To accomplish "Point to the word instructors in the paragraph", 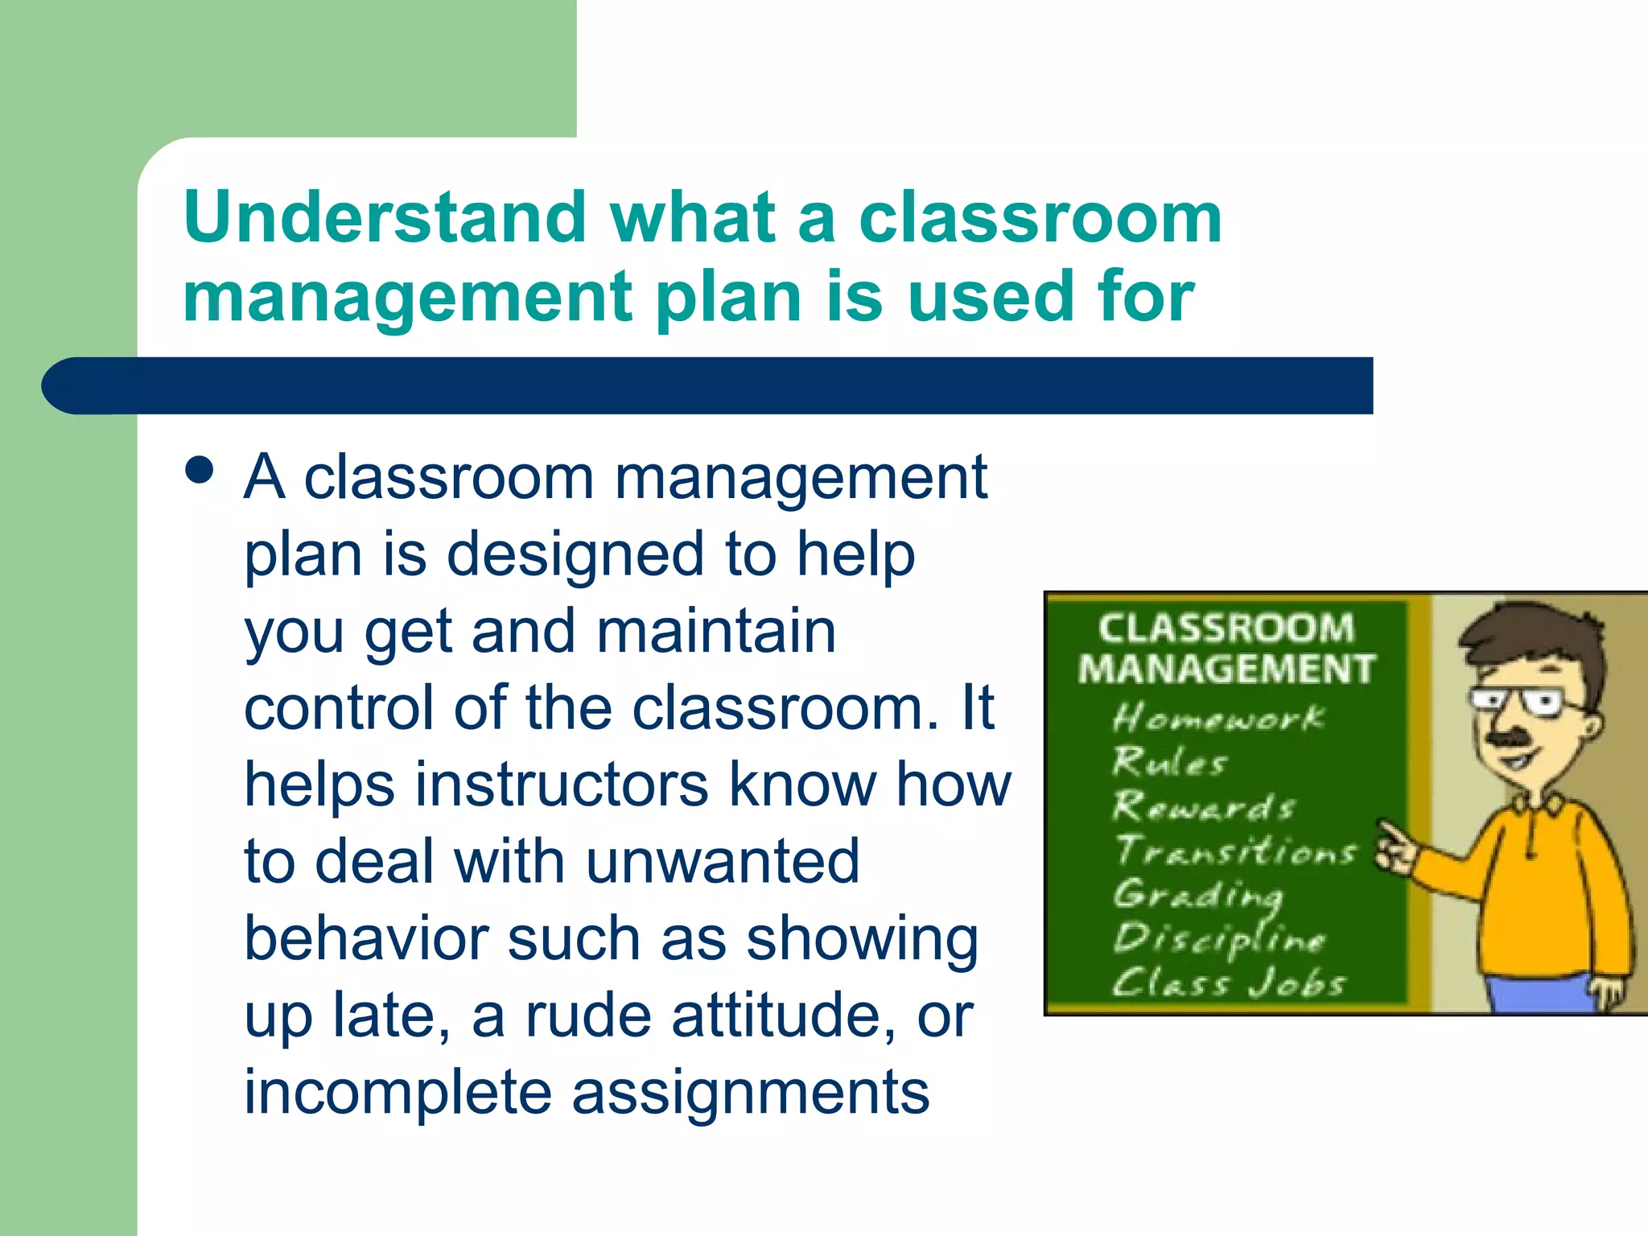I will pyautogui.click(x=561, y=785).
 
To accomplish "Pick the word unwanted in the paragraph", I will pyautogui.click(x=723, y=862).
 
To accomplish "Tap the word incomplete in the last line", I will pyautogui.click(x=398, y=1092).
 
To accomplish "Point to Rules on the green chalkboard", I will pyautogui.click(x=1169, y=761).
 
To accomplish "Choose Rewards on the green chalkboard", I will pyautogui.click(x=1204, y=805).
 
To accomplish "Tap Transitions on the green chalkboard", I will pyautogui.click(x=1234, y=851).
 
